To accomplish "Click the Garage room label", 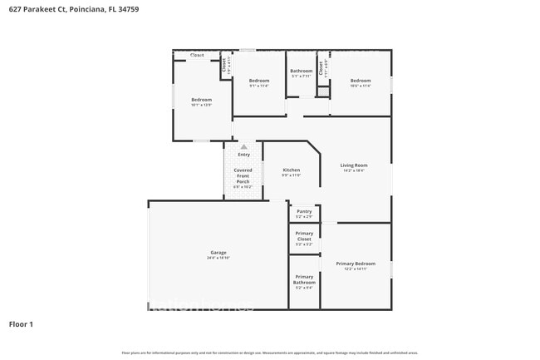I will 218,253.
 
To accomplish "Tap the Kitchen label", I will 291,170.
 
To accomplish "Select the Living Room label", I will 354,165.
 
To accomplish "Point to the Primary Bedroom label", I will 356,264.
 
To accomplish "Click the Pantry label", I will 304,211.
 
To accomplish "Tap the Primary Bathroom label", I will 304,279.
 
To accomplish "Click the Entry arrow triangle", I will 243,146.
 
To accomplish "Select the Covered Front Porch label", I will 243,175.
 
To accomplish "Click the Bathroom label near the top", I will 301,72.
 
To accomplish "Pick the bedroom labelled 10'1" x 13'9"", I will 201,100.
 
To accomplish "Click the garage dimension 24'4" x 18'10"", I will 218,259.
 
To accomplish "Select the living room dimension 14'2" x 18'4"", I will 354,170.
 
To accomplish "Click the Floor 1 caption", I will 21,324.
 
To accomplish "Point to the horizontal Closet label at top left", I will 197,55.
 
